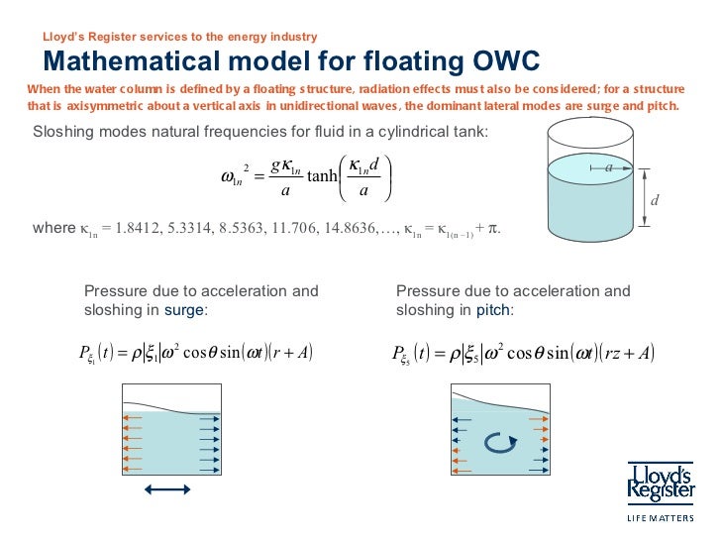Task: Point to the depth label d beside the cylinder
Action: click(x=655, y=202)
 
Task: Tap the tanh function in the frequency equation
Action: click(x=322, y=176)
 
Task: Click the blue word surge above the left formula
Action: click(x=183, y=309)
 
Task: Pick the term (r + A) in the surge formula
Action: click(x=289, y=353)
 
